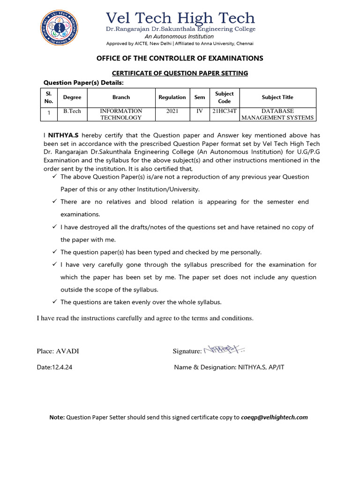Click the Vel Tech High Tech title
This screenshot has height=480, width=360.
pyautogui.click(x=180, y=18)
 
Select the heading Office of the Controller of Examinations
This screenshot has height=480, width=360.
pyautogui.click(x=180, y=58)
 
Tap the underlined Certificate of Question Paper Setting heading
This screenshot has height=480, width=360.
pyautogui.click(x=180, y=73)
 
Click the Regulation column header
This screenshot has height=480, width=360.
pyautogui.click(x=172, y=97)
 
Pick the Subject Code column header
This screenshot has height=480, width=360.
pyautogui.click(x=224, y=97)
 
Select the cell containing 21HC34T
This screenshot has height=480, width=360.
pyautogui.click(x=224, y=111)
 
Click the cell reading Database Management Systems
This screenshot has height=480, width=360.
pyautogui.click(x=277, y=114)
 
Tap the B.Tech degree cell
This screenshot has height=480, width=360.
pyautogui.click(x=72, y=111)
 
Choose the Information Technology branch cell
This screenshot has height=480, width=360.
pyautogui.click(x=121, y=114)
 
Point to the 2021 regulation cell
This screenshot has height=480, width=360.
pyautogui.click(x=172, y=111)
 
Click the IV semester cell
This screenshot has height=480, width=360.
pyautogui.click(x=200, y=111)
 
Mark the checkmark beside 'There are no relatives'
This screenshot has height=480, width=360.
pyautogui.click(x=54, y=202)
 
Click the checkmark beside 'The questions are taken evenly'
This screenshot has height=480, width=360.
pyautogui.click(x=54, y=302)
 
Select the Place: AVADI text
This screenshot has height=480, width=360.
pyautogui.click(x=55, y=351)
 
